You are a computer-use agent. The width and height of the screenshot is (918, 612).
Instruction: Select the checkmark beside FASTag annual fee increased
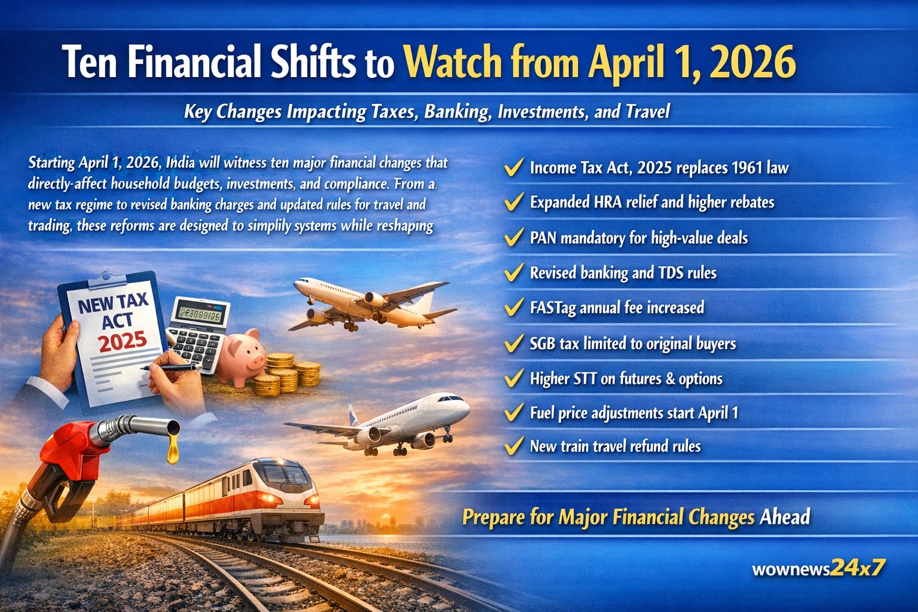click(514, 307)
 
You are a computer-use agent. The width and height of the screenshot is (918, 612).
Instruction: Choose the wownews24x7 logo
click(818, 568)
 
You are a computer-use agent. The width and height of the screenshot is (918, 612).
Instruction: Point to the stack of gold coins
click(287, 375)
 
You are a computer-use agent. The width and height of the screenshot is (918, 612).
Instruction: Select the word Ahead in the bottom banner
click(784, 516)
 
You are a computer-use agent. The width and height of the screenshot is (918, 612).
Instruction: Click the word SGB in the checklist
click(543, 344)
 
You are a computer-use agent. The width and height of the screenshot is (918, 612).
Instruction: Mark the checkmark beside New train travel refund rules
click(514, 446)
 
